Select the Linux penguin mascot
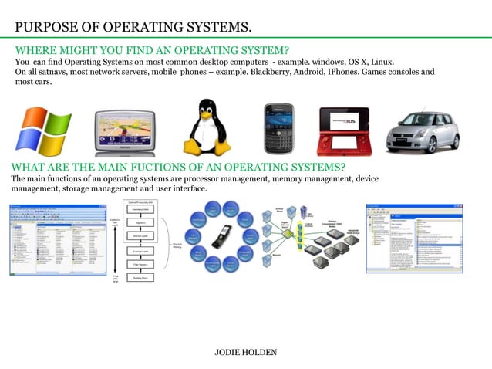point(207,126)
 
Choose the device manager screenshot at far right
point(414,238)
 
